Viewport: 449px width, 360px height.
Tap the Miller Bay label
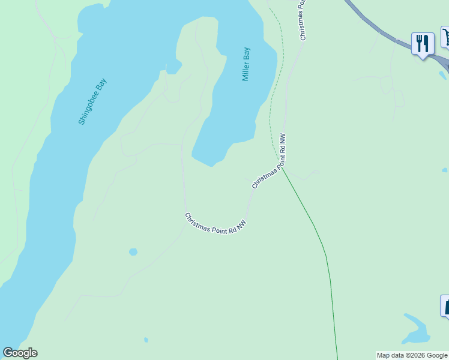tap(246, 64)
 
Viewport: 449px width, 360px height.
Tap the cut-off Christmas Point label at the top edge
tap(303, 20)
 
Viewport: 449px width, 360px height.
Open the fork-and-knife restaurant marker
tap(423, 44)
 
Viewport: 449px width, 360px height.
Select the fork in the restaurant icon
tap(420, 43)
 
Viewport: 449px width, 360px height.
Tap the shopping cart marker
tap(446, 37)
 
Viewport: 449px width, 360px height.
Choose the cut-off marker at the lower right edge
tap(445, 305)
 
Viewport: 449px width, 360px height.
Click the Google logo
tap(20, 353)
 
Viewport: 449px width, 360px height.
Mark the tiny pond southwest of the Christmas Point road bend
tap(133, 251)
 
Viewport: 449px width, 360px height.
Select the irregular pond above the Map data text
tap(415, 328)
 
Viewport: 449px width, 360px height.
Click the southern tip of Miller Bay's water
tap(210, 163)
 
